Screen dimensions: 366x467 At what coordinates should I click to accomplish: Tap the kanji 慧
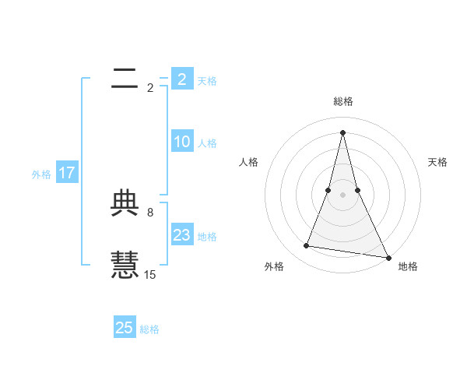(x=125, y=263)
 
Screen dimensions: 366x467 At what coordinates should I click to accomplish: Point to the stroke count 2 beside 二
(x=150, y=87)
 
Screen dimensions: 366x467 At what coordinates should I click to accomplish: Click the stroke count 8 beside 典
(x=150, y=212)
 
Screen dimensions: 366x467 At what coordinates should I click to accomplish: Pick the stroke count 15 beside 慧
(x=150, y=274)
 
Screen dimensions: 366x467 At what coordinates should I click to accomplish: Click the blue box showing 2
(x=182, y=79)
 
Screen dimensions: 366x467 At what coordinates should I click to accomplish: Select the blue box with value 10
(x=182, y=142)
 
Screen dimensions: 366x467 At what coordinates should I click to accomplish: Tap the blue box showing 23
(x=182, y=235)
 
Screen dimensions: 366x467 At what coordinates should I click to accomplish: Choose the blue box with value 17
(x=67, y=173)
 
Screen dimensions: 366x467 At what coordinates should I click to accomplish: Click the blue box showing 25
(x=125, y=328)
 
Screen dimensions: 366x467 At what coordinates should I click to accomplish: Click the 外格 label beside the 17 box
(x=41, y=174)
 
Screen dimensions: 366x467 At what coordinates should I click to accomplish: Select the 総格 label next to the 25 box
(x=149, y=329)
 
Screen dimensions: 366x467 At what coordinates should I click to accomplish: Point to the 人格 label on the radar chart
(x=249, y=162)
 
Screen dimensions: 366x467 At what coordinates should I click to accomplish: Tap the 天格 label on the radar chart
(x=437, y=162)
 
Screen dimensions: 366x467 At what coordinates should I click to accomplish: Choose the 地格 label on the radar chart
(x=408, y=267)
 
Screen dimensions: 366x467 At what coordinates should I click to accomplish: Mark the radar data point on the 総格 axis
(x=342, y=132)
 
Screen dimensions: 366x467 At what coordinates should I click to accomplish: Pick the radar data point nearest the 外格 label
(x=307, y=246)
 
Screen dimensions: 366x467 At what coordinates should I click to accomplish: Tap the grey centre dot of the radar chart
(x=342, y=195)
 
